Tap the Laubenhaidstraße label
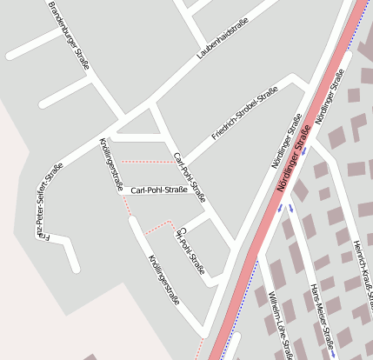click(222, 37)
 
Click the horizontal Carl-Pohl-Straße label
click(159, 190)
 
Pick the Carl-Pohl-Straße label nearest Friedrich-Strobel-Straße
click(190, 176)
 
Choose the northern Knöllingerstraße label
click(110, 164)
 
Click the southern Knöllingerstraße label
click(163, 280)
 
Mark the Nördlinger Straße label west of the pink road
click(285, 140)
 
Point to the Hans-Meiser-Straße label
click(322, 317)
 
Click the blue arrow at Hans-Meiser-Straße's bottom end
click(333, 352)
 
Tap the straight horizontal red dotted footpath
click(146, 162)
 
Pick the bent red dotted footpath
click(157, 227)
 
